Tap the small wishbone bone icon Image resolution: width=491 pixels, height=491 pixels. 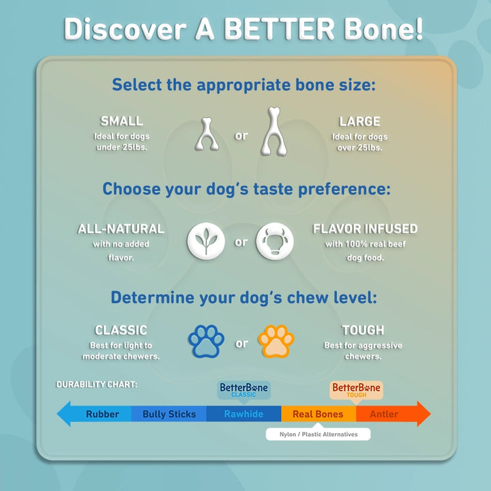pos(205,134)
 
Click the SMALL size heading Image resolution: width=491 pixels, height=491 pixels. pos(121,121)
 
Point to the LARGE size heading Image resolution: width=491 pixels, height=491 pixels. pos(359,121)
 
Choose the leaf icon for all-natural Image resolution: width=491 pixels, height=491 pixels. pos(206,242)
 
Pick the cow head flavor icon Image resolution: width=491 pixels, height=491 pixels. pos(275,242)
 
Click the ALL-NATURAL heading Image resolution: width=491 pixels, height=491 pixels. pos(121,229)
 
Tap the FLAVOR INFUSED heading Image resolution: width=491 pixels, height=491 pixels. pos(365,229)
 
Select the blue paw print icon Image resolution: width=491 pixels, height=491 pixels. pos(207,342)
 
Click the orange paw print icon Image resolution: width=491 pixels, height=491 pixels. pos(276,342)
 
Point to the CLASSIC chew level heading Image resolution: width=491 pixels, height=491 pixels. pos(121,331)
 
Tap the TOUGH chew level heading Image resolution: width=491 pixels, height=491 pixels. pos(363,331)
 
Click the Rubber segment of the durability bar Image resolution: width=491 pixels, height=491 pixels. pos(102,414)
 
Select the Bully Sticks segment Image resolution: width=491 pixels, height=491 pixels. pos(169,414)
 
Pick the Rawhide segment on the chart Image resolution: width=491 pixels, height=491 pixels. pos(243,414)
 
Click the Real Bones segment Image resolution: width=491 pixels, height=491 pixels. pos(318,414)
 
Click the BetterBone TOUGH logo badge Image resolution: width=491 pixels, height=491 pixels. pos(356,390)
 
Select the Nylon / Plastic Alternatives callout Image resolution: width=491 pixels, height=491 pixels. pos(318,434)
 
